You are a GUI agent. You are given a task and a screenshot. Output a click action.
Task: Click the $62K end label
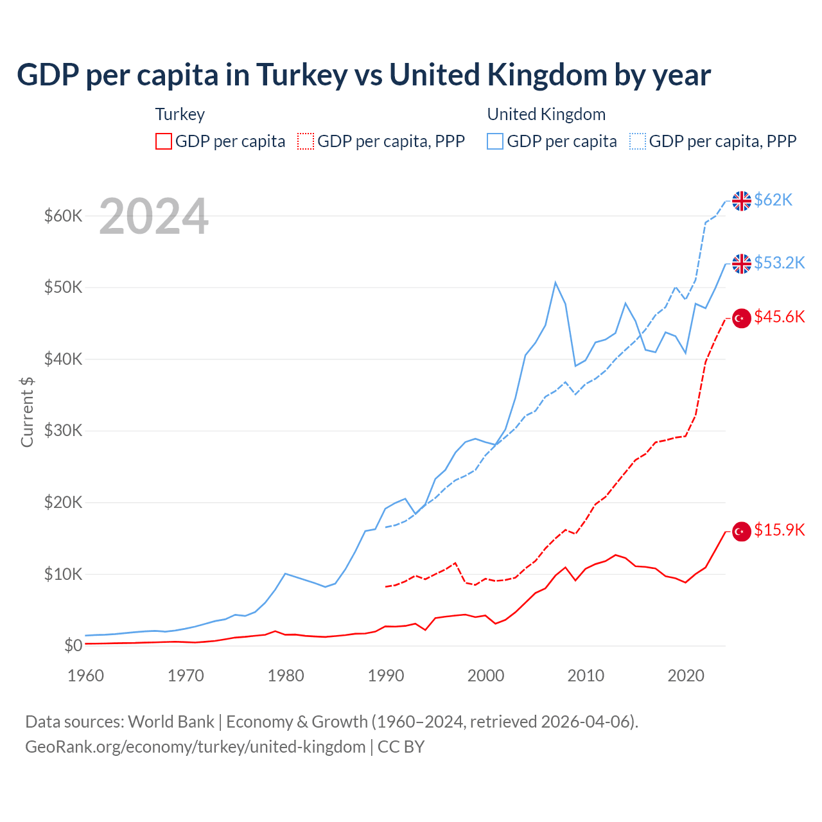click(773, 200)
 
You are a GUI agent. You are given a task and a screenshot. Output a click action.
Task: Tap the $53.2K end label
click(779, 263)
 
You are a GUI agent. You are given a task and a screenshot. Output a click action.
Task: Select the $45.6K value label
click(779, 317)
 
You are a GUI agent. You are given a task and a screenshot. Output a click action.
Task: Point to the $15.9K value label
click(779, 530)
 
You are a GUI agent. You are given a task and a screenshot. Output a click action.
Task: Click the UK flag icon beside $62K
click(742, 201)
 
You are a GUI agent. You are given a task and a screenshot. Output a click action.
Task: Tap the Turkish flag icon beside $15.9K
click(742, 531)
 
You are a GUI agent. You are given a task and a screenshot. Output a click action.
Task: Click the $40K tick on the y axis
click(63, 359)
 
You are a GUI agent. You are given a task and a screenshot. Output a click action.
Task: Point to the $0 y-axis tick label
click(73, 645)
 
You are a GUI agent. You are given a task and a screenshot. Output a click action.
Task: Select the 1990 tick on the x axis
click(386, 676)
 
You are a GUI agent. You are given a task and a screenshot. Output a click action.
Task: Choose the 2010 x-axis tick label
click(586, 676)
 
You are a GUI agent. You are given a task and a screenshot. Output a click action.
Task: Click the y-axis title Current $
click(27, 412)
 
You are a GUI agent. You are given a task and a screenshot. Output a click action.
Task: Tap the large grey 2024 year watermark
click(153, 216)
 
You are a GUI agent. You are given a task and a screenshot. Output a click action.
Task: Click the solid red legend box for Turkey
click(164, 141)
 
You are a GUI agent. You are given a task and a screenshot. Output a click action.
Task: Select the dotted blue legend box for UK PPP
click(638, 141)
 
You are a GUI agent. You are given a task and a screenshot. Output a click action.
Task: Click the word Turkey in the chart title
click(302, 75)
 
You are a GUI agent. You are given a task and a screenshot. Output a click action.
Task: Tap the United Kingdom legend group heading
click(546, 114)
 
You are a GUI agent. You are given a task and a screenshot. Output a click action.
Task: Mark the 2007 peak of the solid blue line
click(555, 283)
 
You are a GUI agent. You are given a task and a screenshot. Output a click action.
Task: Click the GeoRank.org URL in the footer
click(195, 747)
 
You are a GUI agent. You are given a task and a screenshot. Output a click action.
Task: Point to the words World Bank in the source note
click(171, 722)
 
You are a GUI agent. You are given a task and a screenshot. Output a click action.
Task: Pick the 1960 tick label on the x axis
click(85, 676)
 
